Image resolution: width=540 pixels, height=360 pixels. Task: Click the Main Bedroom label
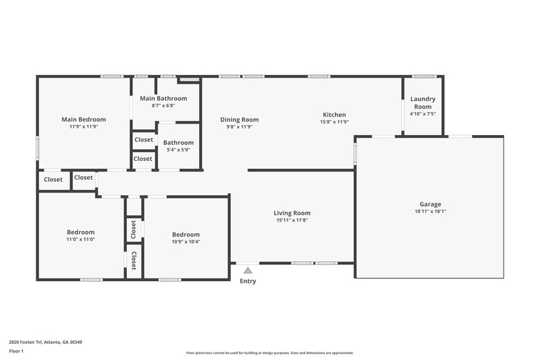coord(84,120)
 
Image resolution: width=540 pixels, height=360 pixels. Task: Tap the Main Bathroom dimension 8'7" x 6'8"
coord(163,105)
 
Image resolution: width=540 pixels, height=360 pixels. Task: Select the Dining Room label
coord(240,120)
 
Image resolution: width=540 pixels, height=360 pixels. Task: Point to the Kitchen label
coord(334,115)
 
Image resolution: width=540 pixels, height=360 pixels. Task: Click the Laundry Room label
coord(423,103)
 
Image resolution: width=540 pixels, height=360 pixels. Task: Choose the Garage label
coord(430,204)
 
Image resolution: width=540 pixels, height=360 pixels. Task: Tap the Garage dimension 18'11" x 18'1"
coord(430,211)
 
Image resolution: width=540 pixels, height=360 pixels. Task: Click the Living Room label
coord(293,213)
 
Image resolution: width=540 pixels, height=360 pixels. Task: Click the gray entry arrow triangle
coord(248,270)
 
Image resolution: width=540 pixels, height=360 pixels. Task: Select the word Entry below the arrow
coord(248,281)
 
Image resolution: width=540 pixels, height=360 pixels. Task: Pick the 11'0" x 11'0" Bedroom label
coord(80,232)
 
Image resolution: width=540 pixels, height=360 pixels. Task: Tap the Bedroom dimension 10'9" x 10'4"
coord(186,241)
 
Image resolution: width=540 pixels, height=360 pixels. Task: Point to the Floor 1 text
coord(16,351)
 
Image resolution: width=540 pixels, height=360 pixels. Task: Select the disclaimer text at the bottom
coord(269,353)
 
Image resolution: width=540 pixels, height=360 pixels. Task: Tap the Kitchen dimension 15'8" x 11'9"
coord(334,122)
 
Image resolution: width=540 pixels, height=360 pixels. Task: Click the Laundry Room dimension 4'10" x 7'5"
coord(423,114)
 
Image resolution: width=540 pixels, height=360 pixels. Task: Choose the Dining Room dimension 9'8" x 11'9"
coord(240,127)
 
